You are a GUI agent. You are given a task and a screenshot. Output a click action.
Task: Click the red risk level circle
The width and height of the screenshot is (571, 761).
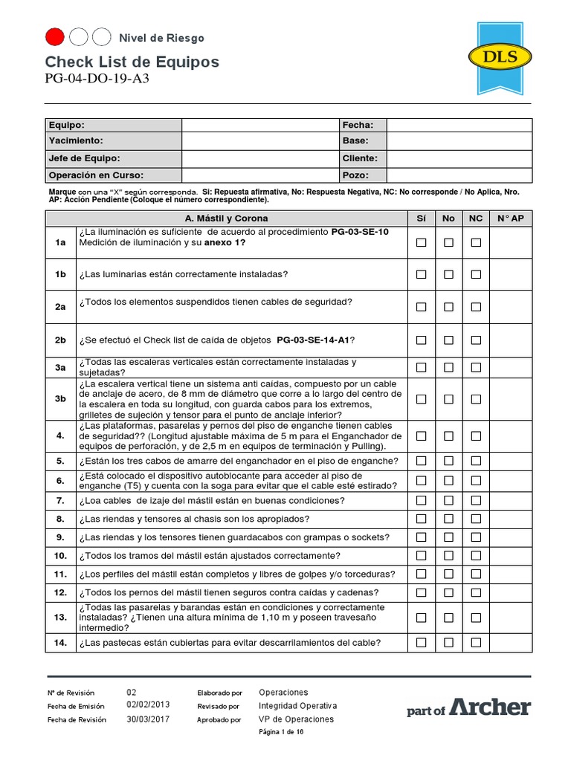pos(55,36)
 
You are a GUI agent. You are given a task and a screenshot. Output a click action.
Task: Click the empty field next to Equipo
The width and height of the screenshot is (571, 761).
pos(260,125)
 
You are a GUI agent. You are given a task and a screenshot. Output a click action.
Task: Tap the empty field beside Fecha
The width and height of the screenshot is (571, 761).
pos(459,125)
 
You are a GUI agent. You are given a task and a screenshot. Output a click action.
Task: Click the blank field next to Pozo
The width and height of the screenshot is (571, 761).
pos(459,175)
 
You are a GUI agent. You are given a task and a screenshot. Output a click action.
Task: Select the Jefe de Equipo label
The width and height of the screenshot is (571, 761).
pos(84,158)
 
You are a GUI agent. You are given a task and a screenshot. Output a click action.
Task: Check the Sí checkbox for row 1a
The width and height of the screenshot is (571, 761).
pos(421,242)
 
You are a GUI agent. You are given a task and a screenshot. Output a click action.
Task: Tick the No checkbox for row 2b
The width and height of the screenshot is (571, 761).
pos(448,340)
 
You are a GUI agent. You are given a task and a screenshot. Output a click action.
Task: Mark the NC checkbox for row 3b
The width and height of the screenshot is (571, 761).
pos(476,399)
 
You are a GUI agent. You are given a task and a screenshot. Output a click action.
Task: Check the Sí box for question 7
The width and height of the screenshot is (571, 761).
pos(421,500)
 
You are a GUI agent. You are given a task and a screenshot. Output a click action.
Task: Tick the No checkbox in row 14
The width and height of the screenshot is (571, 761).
pos(448,642)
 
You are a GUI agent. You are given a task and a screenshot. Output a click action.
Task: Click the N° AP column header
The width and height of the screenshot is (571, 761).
pos(510,218)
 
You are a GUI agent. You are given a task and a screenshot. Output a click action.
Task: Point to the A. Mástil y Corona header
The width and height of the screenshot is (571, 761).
pos(227,218)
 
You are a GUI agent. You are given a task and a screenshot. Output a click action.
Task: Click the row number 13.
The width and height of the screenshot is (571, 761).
pos(60,618)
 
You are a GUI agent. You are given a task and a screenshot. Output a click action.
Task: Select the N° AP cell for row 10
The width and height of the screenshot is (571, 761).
pos(510,555)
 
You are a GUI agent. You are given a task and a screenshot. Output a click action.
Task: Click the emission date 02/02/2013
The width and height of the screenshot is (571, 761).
pos(149,705)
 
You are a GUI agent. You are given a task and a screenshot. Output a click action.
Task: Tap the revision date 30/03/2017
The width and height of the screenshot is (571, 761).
pos(149,719)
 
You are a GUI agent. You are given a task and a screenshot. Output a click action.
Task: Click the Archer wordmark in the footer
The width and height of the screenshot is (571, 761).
pos(490,707)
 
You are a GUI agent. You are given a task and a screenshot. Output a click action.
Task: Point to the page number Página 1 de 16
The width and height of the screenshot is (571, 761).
pos(281,732)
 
